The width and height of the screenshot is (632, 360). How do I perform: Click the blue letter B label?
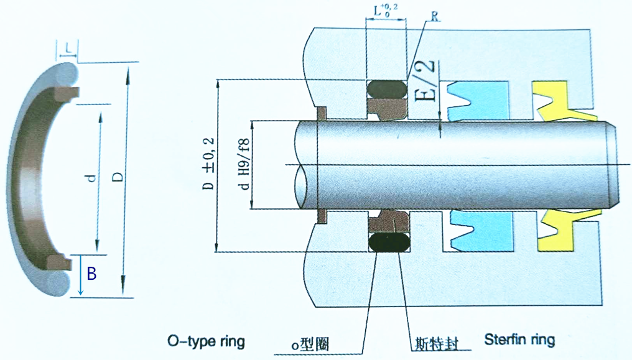91,272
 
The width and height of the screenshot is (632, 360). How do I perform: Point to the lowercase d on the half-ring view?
90,178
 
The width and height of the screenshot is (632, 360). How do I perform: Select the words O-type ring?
207,341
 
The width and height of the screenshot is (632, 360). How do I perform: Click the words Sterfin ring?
519,340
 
